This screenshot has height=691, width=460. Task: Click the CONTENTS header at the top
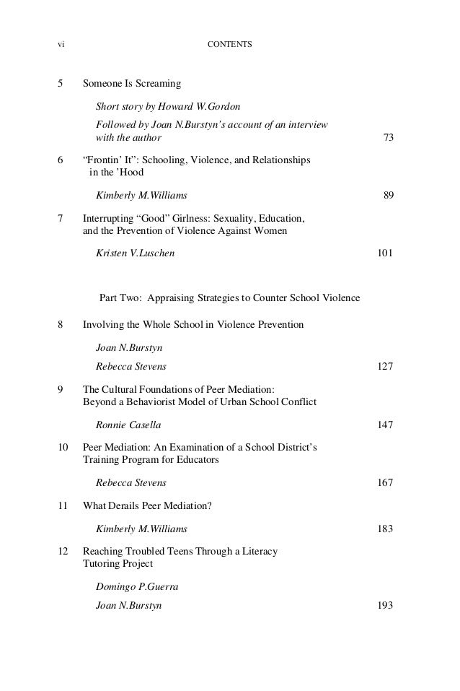tap(229, 45)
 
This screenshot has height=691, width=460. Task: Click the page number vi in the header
tap(61, 45)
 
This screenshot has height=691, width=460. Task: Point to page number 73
tap(387, 137)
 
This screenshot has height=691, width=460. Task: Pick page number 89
tap(387, 195)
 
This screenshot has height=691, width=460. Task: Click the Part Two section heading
tap(229, 298)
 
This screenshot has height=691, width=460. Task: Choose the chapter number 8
tap(61, 325)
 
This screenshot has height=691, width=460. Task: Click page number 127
tap(385, 366)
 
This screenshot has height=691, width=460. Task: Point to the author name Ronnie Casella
tap(128, 425)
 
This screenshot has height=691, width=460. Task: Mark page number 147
tap(385, 425)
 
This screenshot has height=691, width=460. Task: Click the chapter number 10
tap(63, 448)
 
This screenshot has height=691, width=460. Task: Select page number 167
tap(385, 482)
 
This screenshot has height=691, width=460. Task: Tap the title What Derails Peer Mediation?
tap(147, 506)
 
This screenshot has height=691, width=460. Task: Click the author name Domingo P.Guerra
tap(137, 588)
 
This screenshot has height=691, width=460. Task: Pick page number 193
tap(385, 605)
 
